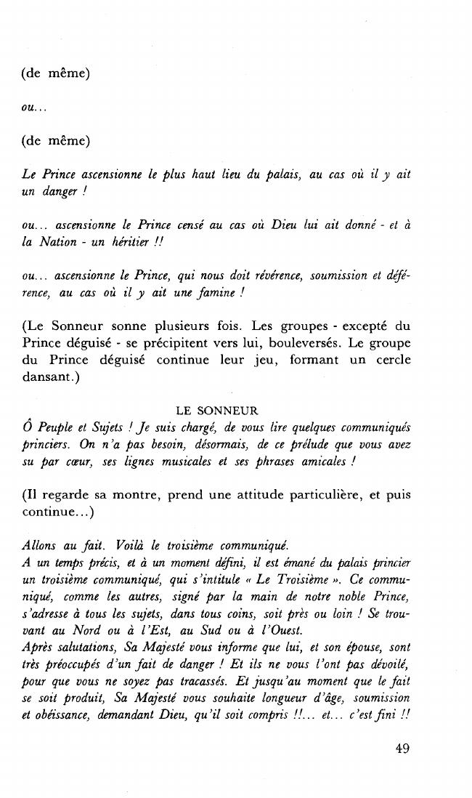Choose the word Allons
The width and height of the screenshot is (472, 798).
(x=43, y=545)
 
